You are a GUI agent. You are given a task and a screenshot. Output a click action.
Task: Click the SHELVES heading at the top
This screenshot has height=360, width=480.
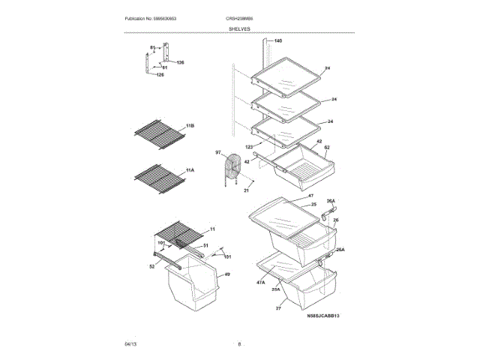pyautogui.click(x=240, y=28)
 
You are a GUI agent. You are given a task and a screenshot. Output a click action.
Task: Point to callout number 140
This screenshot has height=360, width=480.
pyautogui.click(x=278, y=40)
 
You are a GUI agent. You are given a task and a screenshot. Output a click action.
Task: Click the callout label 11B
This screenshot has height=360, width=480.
pyautogui.click(x=190, y=125)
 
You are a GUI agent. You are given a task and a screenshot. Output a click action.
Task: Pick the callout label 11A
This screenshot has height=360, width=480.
pyautogui.click(x=190, y=170)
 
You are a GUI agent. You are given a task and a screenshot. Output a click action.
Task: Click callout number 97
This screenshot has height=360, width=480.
pyautogui.click(x=219, y=152)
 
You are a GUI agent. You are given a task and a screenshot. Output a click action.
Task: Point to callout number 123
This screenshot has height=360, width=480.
pyautogui.click(x=248, y=147)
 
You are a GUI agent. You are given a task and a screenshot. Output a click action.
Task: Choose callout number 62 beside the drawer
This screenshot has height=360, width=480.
pyautogui.click(x=326, y=148)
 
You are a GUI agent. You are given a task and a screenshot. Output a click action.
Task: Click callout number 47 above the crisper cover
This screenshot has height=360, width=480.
pyautogui.click(x=309, y=195)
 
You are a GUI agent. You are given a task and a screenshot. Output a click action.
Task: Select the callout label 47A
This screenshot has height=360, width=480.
pyautogui.click(x=260, y=282)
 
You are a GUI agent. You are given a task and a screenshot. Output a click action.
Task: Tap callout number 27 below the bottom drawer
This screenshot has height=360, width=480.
pyautogui.click(x=277, y=308)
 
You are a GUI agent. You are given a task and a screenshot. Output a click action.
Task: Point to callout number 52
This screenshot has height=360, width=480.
pyautogui.click(x=151, y=265)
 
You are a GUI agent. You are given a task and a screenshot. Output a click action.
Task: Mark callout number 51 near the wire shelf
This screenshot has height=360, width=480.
pyautogui.click(x=206, y=245)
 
